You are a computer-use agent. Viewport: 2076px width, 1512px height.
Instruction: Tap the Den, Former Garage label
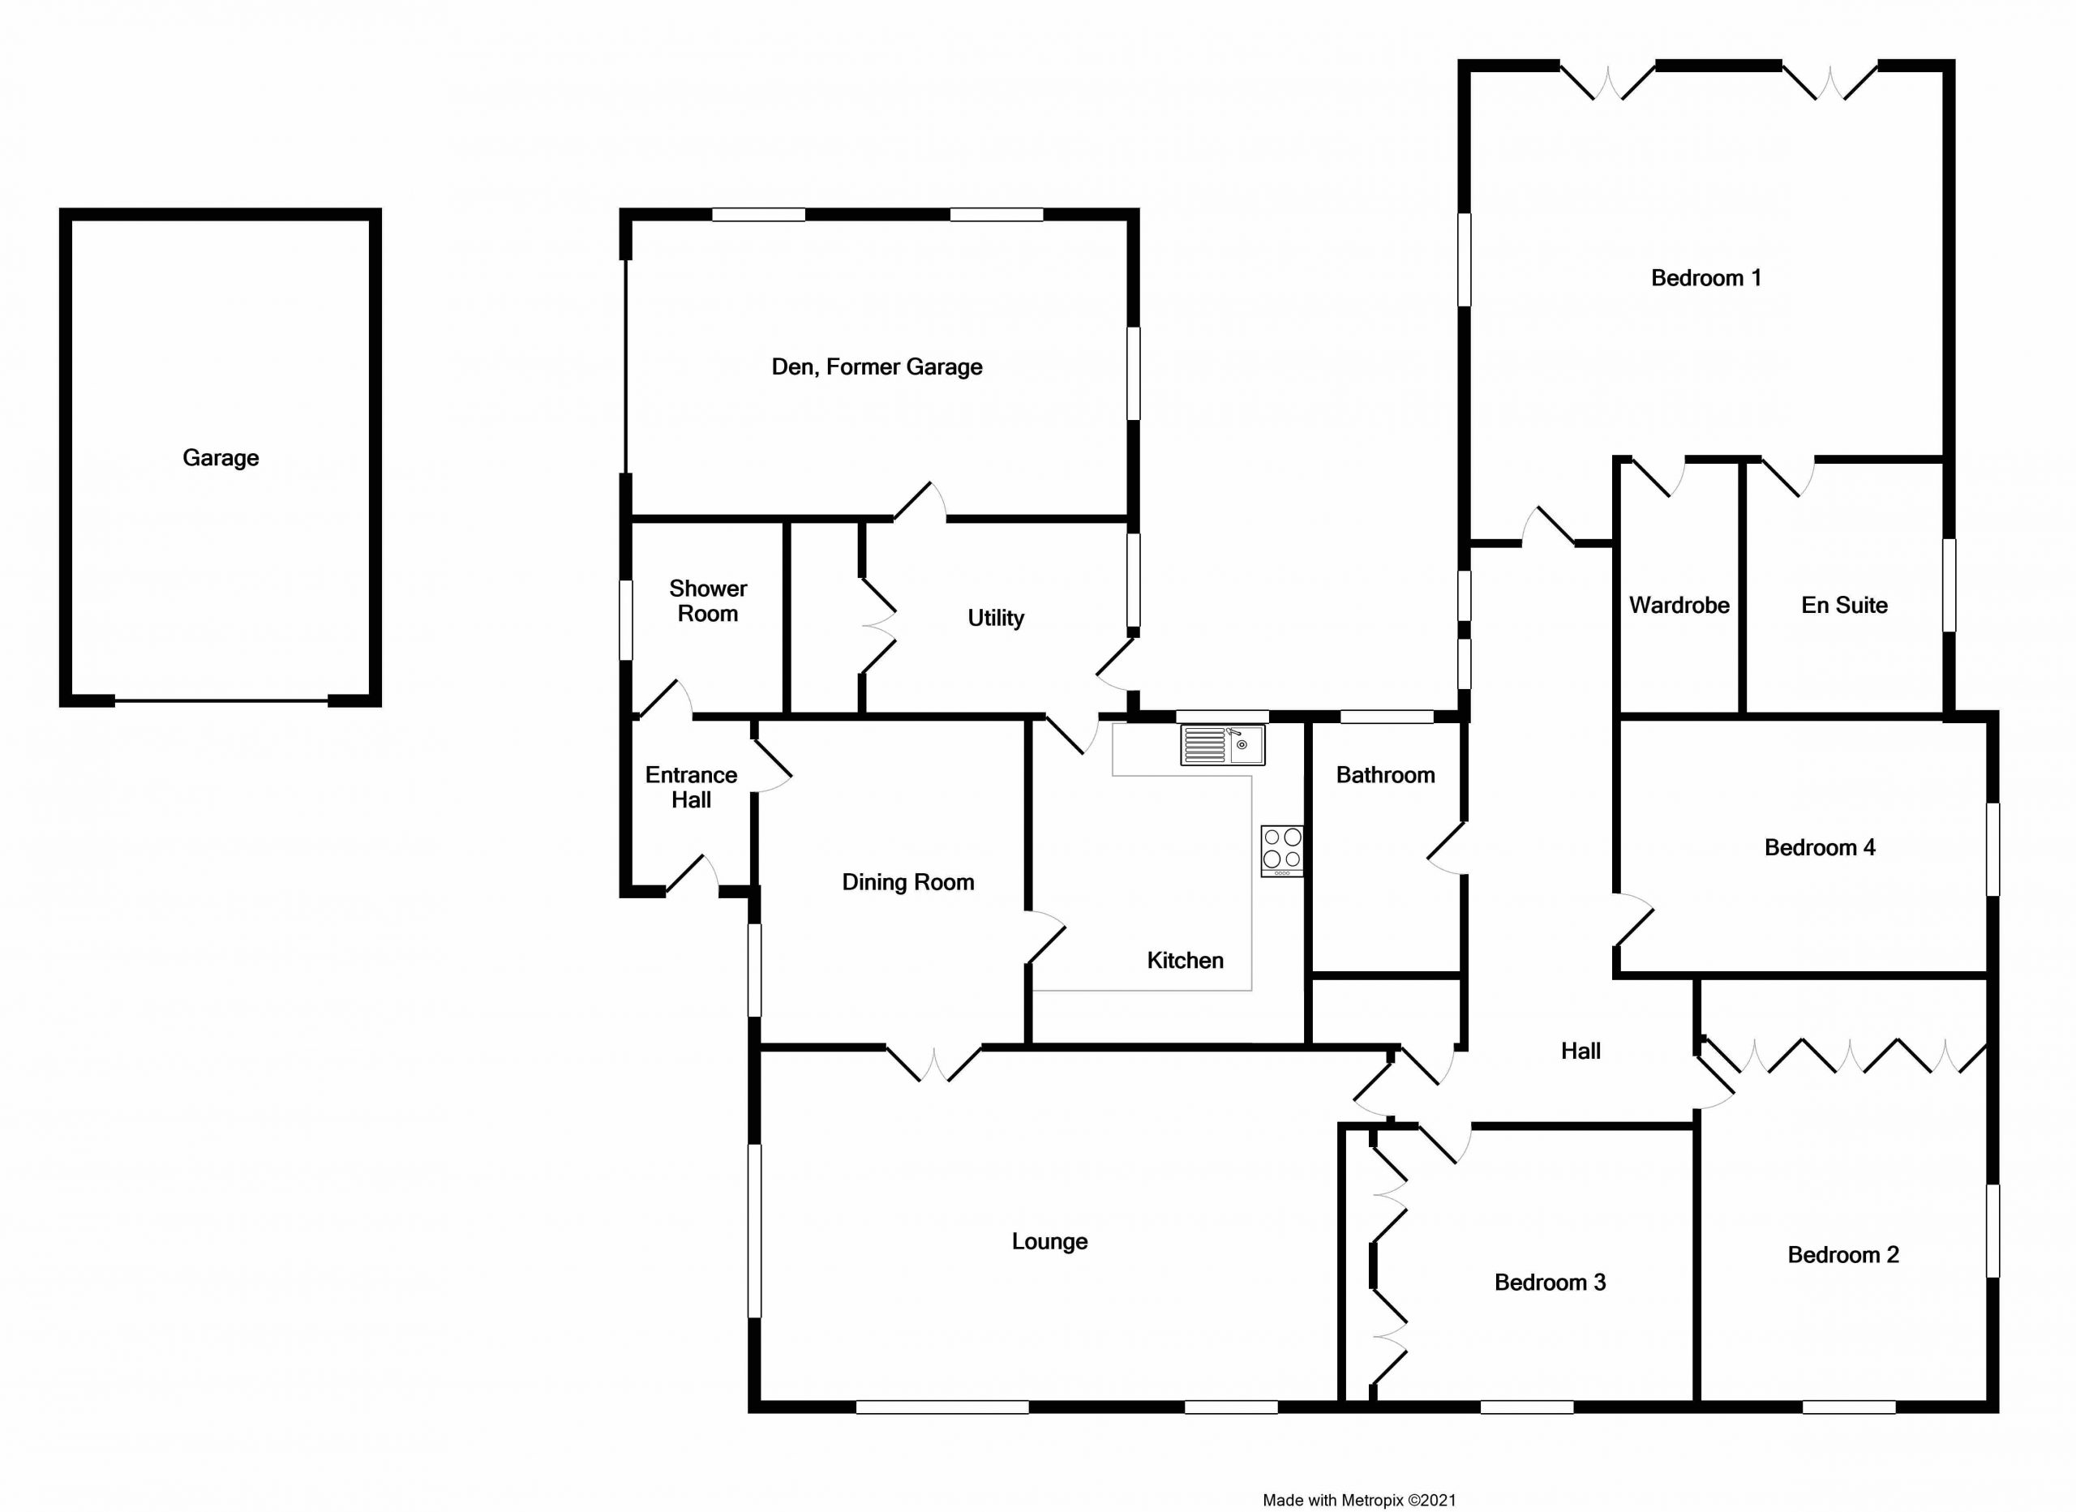(877, 367)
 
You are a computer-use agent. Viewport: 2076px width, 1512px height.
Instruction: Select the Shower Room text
(708, 601)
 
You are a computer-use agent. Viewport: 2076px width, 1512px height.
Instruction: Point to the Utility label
(996, 619)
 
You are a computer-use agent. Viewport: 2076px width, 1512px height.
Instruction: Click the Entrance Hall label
(691, 787)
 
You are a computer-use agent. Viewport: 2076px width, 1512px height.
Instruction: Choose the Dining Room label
(908, 882)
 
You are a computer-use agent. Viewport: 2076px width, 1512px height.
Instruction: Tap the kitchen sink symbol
(1222, 745)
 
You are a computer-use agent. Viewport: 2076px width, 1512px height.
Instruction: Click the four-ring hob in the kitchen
(1281, 851)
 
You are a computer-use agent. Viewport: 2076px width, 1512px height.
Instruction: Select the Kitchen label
(1186, 960)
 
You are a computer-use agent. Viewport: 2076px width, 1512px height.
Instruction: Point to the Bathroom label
(1386, 775)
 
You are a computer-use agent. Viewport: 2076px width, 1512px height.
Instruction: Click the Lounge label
(1050, 1242)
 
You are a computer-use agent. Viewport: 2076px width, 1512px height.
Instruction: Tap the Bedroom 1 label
(1706, 278)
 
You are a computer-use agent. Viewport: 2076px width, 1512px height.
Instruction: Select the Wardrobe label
(1679, 605)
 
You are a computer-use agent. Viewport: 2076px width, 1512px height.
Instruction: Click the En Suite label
(1844, 605)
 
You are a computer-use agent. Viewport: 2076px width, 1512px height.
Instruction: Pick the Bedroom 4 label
(1820, 847)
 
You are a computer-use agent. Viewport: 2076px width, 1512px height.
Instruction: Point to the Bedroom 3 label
(1551, 1283)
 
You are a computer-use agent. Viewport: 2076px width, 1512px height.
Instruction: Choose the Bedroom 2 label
(1843, 1255)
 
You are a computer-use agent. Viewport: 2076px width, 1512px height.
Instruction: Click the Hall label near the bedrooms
(1581, 1051)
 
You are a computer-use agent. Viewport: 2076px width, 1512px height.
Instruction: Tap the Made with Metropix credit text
(1359, 1500)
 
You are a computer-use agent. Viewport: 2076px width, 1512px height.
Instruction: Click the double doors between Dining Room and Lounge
(933, 1064)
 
